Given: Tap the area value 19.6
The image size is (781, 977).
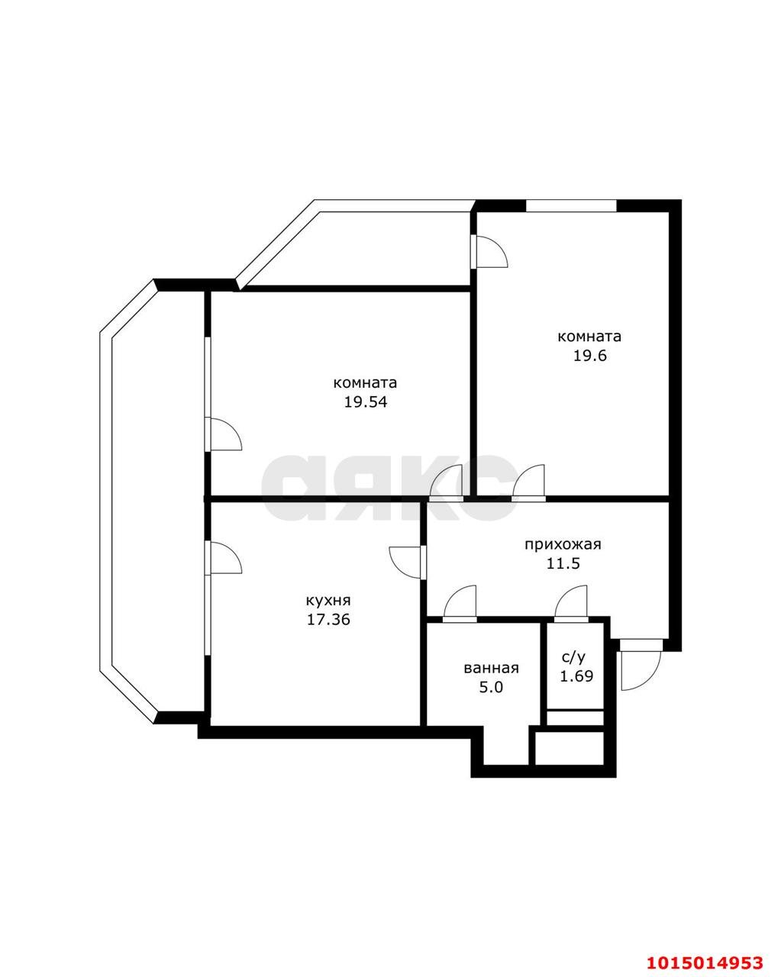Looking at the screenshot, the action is (589, 355).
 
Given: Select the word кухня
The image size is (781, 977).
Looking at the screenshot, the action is (328, 601).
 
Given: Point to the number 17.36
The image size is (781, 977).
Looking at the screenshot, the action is (328, 620).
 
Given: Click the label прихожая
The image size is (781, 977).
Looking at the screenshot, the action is (563, 544).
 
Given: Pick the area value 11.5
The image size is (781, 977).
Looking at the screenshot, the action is (563, 563).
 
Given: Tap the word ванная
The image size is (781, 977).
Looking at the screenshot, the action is (491, 669).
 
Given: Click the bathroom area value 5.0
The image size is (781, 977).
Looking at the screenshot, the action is (491, 688).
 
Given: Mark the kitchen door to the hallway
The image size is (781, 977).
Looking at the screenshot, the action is (408, 562).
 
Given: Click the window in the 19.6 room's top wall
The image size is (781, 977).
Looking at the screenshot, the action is (571, 205).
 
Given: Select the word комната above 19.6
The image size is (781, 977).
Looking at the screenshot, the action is (589, 337).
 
